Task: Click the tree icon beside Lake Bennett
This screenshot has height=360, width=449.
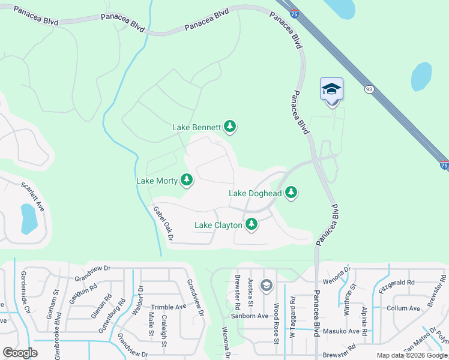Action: tap(229, 127)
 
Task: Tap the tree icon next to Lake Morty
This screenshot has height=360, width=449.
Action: tap(187, 179)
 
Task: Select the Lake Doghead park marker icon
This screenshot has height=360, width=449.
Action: tap(291, 193)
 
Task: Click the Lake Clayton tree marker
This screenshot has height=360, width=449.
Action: tap(252, 224)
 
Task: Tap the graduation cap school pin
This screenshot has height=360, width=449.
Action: tap(331, 91)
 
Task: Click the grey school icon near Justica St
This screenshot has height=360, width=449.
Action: tap(266, 284)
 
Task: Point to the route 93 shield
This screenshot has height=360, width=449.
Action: tap(369, 89)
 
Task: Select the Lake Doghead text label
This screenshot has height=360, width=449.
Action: tap(255, 193)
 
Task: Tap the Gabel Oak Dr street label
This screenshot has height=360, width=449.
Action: tap(163, 223)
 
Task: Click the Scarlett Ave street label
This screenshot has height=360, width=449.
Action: tap(34, 197)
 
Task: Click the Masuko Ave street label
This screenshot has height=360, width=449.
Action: tap(342, 331)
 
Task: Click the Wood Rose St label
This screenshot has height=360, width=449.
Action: tap(277, 323)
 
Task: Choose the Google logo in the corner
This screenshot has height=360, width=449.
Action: tap(20, 353)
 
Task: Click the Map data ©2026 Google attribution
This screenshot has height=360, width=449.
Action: tap(411, 355)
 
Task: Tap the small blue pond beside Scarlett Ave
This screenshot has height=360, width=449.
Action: tap(28, 219)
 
